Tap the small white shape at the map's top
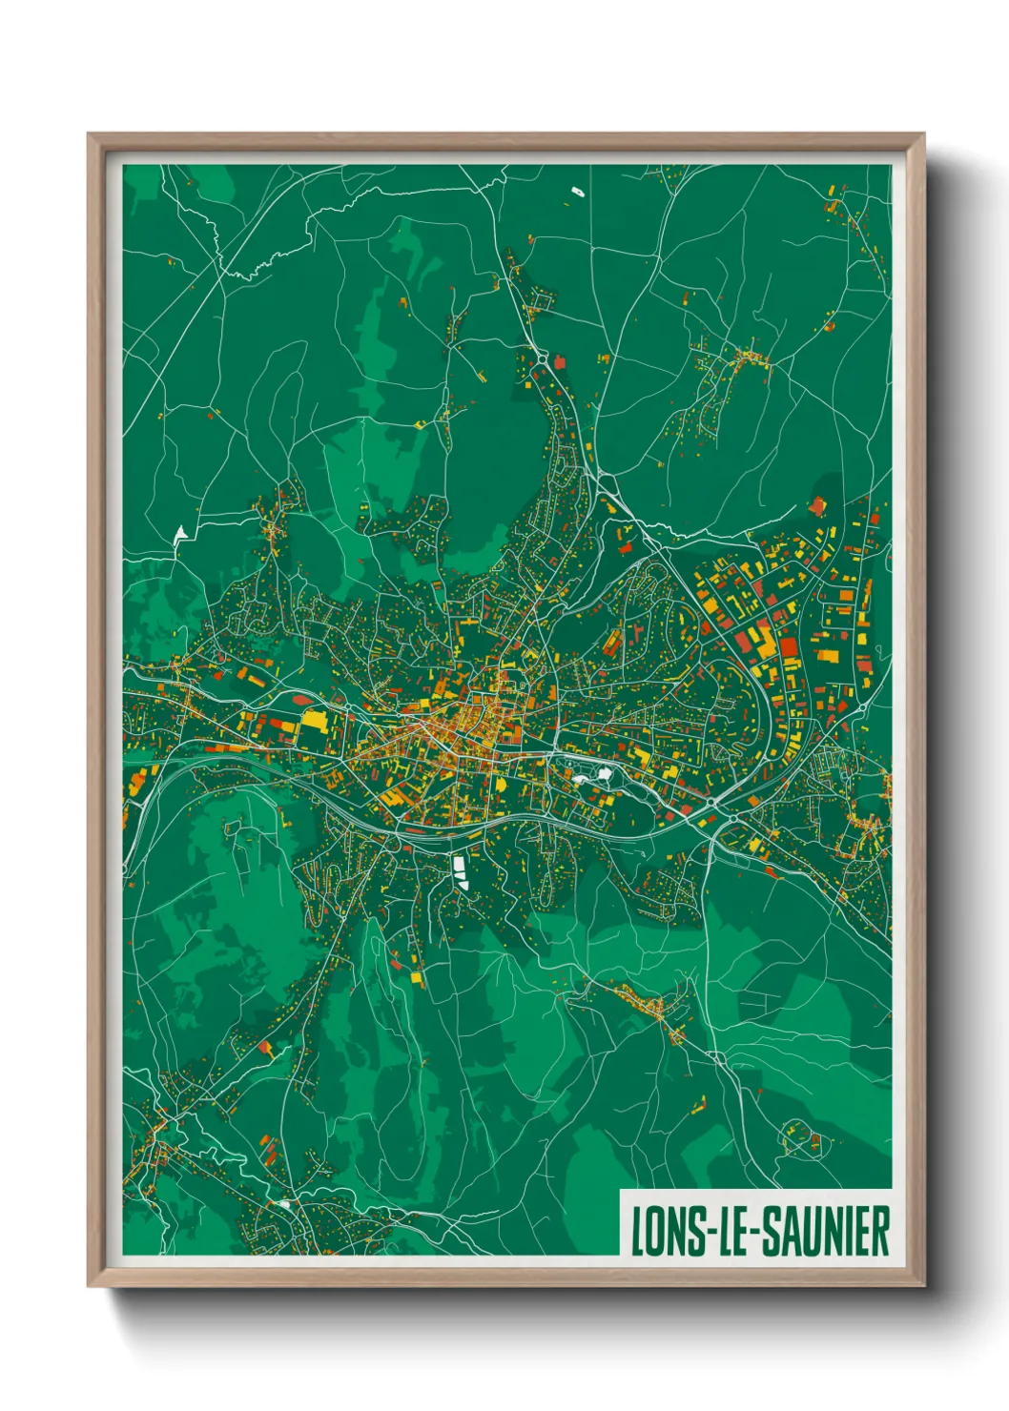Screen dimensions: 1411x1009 pyautogui.click(x=577, y=193)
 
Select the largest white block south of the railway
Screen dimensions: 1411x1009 pyautogui.click(x=460, y=870)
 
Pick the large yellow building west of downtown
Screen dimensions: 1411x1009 pyautogui.click(x=315, y=725)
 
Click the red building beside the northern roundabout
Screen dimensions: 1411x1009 pyautogui.click(x=559, y=362)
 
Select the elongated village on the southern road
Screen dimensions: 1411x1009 pyautogui.click(x=649, y=1008)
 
